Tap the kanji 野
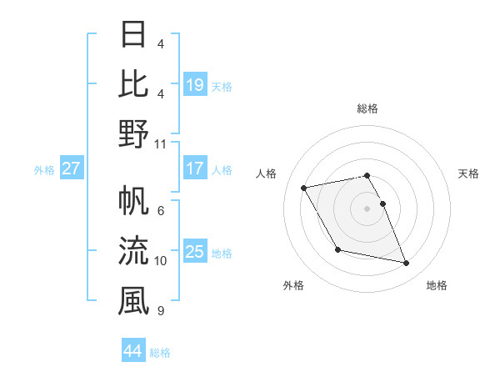[133, 133]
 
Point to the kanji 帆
[133, 200]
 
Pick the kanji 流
[133, 249]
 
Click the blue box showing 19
[194, 84]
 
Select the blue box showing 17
[194, 168]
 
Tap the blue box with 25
[194, 252]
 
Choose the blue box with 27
[72, 168]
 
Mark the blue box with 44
[133, 350]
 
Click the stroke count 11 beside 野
[161, 143]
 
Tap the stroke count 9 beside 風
[160, 311]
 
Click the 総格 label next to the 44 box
[160, 353]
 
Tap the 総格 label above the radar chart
[367, 108]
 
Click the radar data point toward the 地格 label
[407, 264]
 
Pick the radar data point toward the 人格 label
[304, 188]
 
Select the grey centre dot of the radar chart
[367, 209]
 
